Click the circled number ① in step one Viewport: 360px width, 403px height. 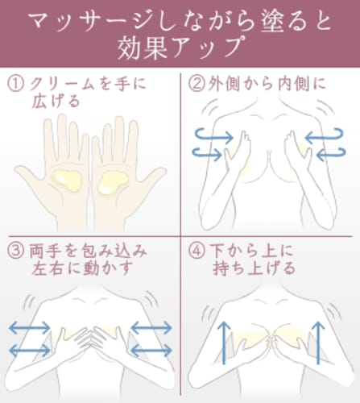15,84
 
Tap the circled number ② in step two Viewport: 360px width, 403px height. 197,84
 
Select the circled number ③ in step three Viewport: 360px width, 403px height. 16,251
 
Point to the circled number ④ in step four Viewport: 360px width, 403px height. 197,251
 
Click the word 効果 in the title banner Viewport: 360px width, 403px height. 143,48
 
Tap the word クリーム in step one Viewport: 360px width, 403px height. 62,84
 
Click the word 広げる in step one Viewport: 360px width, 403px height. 56,102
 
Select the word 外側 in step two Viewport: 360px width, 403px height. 224,84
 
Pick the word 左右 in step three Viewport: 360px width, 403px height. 48,268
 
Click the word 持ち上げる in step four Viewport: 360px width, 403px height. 254,268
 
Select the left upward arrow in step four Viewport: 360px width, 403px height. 224,343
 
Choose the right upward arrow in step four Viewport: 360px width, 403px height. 318,343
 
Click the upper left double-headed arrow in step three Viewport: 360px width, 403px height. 30,328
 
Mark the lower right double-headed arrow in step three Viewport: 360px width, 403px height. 151,351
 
